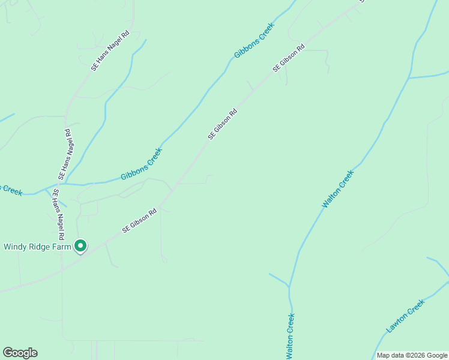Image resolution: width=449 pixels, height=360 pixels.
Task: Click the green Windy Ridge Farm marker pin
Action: pyautogui.click(x=80, y=246)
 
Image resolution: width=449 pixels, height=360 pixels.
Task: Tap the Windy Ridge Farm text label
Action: pyautogui.click(x=37, y=246)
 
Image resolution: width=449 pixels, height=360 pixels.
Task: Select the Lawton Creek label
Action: pyautogui.click(x=405, y=316)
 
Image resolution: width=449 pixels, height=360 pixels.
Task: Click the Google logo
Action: pyautogui.click(x=20, y=353)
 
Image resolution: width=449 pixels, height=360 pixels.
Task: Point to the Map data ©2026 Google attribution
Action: pyautogui.click(x=412, y=355)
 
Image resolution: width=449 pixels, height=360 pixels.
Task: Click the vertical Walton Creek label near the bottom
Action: pyautogui.click(x=291, y=336)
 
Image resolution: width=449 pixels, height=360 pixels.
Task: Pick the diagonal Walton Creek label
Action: pyautogui.click(x=338, y=189)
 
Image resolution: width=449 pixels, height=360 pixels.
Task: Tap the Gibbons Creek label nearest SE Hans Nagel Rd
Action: pyautogui.click(x=142, y=164)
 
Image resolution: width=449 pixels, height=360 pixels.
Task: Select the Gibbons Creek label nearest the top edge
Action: pyautogui.click(x=254, y=41)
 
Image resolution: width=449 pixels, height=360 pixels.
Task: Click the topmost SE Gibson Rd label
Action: pyautogui.click(x=289, y=58)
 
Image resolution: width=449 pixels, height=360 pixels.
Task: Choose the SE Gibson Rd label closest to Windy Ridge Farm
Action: pyautogui.click(x=139, y=220)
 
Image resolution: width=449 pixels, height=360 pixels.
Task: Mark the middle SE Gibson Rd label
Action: pyautogui.click(x=223, y=124)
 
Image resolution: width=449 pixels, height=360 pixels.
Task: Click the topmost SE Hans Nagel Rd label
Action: pyautogui.click(x=110, y=52)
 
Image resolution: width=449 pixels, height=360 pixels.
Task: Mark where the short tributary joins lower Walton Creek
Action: pyautogui.click(x=289, y=287)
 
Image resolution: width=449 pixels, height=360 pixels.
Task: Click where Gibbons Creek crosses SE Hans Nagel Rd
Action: pyautogui.click(x=62, y=184)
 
